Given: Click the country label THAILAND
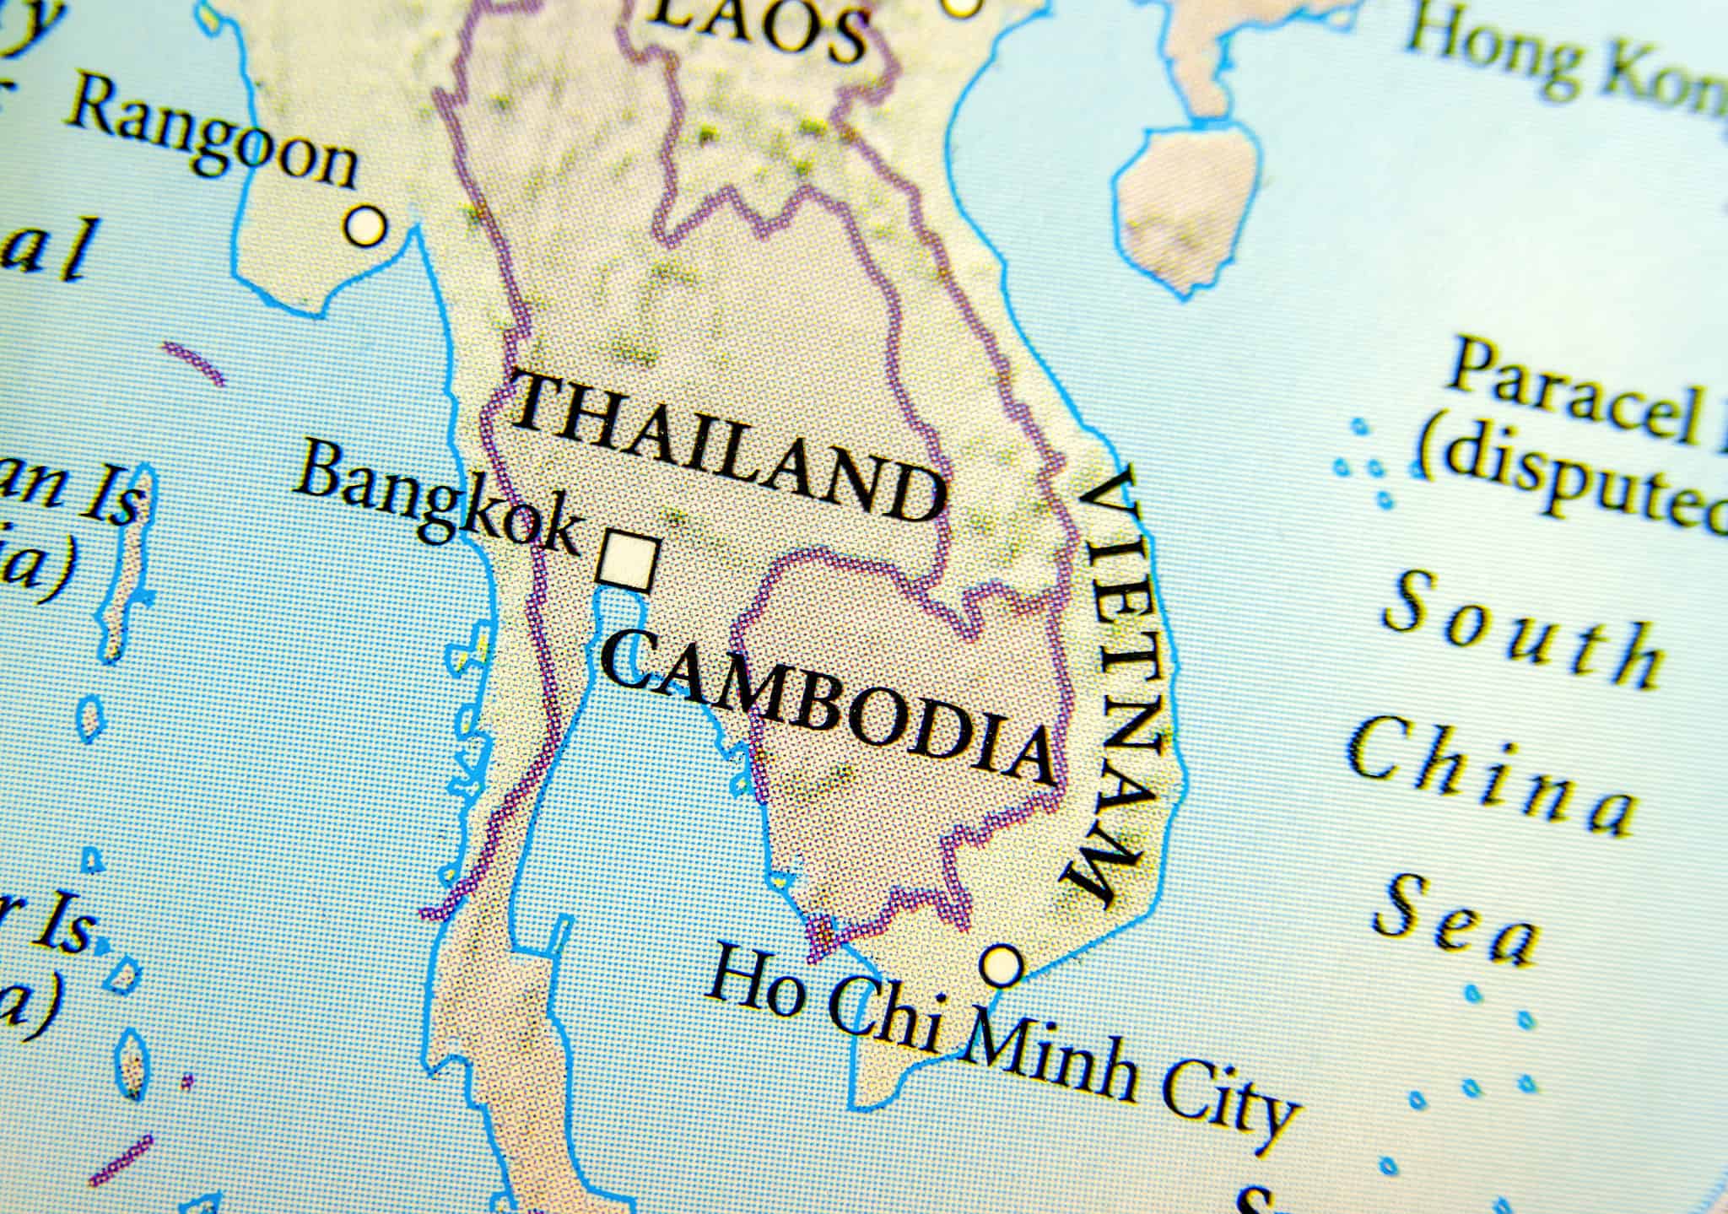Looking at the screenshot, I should (x=727, y=447).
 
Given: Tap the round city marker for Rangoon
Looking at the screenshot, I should (x=365, y=226).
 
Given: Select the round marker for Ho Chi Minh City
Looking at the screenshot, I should (x=1002, y=964).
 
